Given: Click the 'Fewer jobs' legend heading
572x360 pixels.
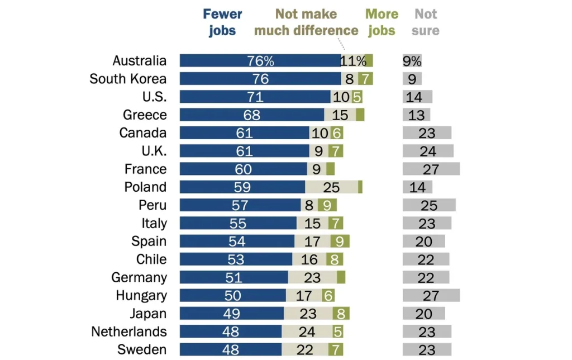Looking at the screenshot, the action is point(222,22).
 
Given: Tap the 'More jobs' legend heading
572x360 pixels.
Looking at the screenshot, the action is point(382,22).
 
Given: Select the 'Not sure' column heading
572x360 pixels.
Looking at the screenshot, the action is point(425,22).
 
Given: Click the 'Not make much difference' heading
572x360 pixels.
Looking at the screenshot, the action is point(306,22).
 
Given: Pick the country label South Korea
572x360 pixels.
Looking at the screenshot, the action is point(128,79).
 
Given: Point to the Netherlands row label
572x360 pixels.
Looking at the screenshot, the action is point(129,331).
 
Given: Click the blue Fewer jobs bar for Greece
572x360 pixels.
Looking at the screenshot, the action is point(252,115).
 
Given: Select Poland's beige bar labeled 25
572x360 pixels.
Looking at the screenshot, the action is point(332,187).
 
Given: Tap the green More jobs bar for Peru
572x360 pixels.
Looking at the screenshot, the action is point(327,205).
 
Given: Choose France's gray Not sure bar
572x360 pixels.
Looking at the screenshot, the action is point(431,169).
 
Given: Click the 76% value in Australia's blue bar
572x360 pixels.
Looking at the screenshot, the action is point(260,60).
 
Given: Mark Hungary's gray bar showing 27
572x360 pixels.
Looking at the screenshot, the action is point(431,295).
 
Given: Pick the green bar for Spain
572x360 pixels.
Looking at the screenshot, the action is point(340,241).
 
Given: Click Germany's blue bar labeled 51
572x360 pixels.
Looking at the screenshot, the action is point(234,277).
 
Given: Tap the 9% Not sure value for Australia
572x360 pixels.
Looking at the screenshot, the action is point(412,60).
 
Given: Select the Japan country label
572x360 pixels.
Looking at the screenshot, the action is point(148,314).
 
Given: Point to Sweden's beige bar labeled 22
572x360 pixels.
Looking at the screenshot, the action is point(304,349).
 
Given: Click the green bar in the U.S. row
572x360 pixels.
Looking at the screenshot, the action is point(357,97).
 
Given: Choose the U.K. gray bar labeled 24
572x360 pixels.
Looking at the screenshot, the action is point(428,151).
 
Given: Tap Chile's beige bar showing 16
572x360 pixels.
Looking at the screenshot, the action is point(309,259).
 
